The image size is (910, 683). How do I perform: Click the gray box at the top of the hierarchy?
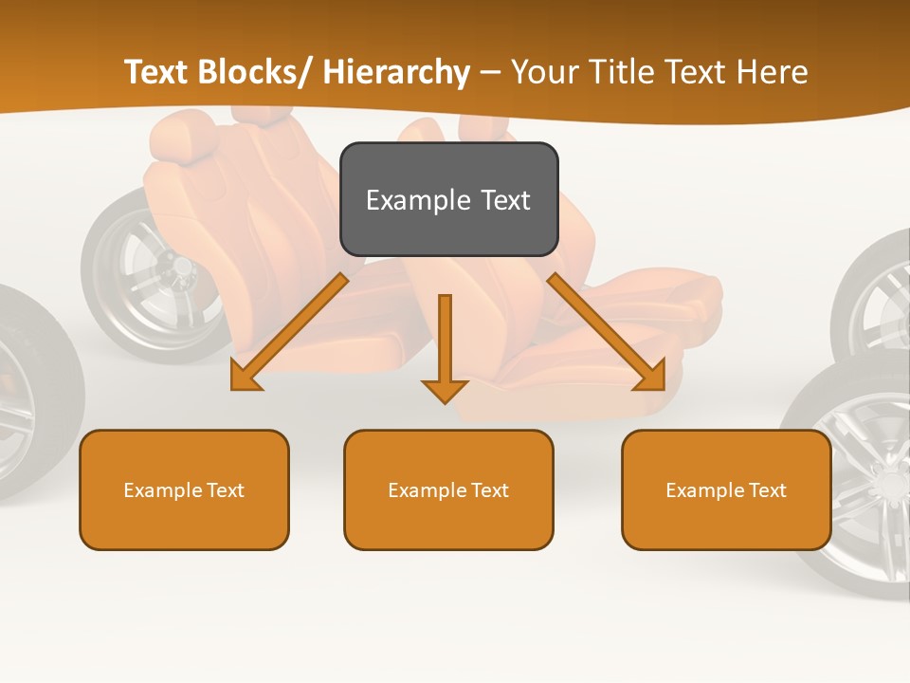point(448,199)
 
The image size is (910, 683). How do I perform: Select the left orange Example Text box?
point(184,489)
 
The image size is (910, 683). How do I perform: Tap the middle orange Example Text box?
point(448,489)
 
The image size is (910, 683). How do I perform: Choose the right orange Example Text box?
point(726,489)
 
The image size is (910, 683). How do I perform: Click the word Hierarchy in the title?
point(396,72)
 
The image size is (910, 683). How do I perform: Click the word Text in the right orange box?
point(767,490)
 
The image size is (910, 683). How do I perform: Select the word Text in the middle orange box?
point(489,490)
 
